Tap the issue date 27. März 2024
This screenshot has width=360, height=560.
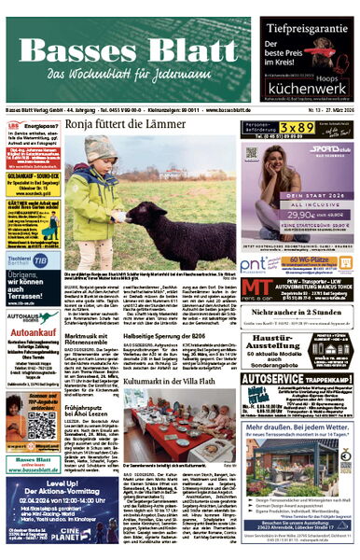pyautogui.click(x=331, y=110)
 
